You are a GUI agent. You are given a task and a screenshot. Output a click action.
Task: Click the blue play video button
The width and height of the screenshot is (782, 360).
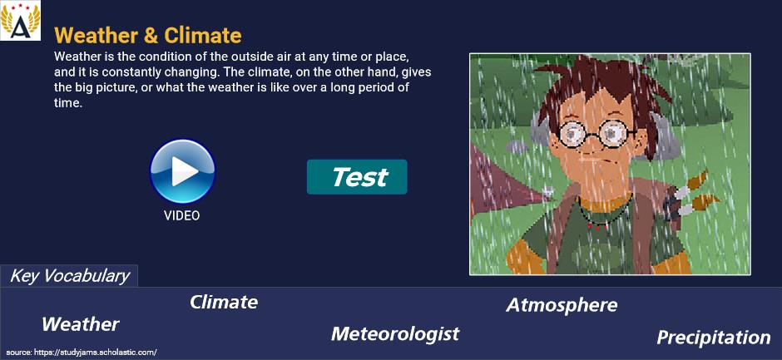click(x=182, y=171)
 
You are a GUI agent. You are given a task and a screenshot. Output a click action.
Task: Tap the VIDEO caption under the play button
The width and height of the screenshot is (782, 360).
click(x=181, y=215)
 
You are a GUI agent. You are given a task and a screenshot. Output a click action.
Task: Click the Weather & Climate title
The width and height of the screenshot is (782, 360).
click(x=148, y=36)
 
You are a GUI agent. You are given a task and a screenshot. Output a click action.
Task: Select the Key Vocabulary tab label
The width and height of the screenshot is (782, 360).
click(x=69, y=276)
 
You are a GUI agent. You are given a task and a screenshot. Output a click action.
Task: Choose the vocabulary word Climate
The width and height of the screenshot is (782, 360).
click(x=224, y=302)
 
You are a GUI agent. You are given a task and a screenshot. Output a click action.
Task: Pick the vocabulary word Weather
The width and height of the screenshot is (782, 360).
click(x=81, y=324)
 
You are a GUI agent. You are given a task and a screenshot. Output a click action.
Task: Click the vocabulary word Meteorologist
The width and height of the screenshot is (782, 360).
click(x=395, y=333)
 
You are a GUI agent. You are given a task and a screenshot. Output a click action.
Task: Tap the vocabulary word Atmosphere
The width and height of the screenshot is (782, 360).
click(x=562, y=305)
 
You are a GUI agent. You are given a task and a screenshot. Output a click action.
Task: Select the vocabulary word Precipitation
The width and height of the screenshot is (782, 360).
click(x=714, y=338)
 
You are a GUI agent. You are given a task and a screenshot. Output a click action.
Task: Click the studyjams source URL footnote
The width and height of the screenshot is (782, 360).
click(x=82, y=352)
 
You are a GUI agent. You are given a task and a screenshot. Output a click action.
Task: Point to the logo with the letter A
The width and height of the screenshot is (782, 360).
click(x=21, y=21)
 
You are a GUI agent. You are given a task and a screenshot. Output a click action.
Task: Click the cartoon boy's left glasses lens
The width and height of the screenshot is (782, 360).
click(x=574, y=133)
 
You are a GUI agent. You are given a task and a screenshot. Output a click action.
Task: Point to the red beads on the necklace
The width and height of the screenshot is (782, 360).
click(x=597, y=227)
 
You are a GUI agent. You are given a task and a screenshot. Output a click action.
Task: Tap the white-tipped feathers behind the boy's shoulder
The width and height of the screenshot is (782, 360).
click(x=695, y=195)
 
